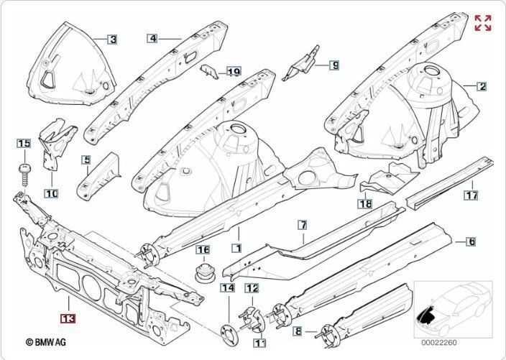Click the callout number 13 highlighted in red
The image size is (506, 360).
click(x=69, y=317)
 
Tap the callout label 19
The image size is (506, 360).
click(x=233, y=71)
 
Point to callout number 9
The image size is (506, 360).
click(x=334, y=65)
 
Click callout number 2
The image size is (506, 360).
click(x=482, y=86)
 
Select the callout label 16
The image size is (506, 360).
click(x=203, y=250)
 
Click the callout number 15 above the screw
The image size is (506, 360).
click(x=24, y=144)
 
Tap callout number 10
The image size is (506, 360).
click(x=51, y=193)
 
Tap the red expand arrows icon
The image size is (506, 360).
click(x=483, y=22)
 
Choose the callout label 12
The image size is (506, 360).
click(x=252, y=289)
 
